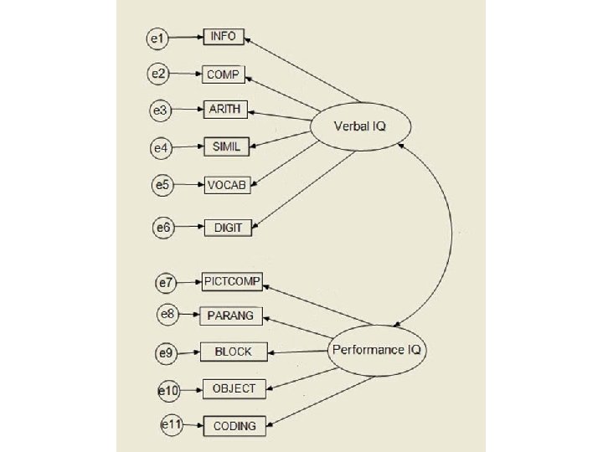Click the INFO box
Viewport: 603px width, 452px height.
[x=224, y=37]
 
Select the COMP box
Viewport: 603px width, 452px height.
[x=224, y=74]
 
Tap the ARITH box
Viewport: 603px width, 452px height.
[x=226, y=110]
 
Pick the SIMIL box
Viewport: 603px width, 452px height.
[x=226, y=147]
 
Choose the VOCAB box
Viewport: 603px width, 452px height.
[x=227, y=185]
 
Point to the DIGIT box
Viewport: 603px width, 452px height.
[x=228, y=227]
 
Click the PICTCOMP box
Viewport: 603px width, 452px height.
[x=232, y=282]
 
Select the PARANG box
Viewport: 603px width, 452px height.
[x=231, y=316]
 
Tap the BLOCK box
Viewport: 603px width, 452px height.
[x=233, y=352]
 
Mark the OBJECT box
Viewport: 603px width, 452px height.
[x=234, y=388]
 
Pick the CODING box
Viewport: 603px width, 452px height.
[x=234, y=426]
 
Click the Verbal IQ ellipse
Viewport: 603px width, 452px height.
[x=360, y=127]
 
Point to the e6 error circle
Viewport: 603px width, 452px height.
[x=162, y=227]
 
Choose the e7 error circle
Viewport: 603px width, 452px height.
[x=167, y=283]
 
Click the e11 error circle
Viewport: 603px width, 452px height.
[x=171, y=425]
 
